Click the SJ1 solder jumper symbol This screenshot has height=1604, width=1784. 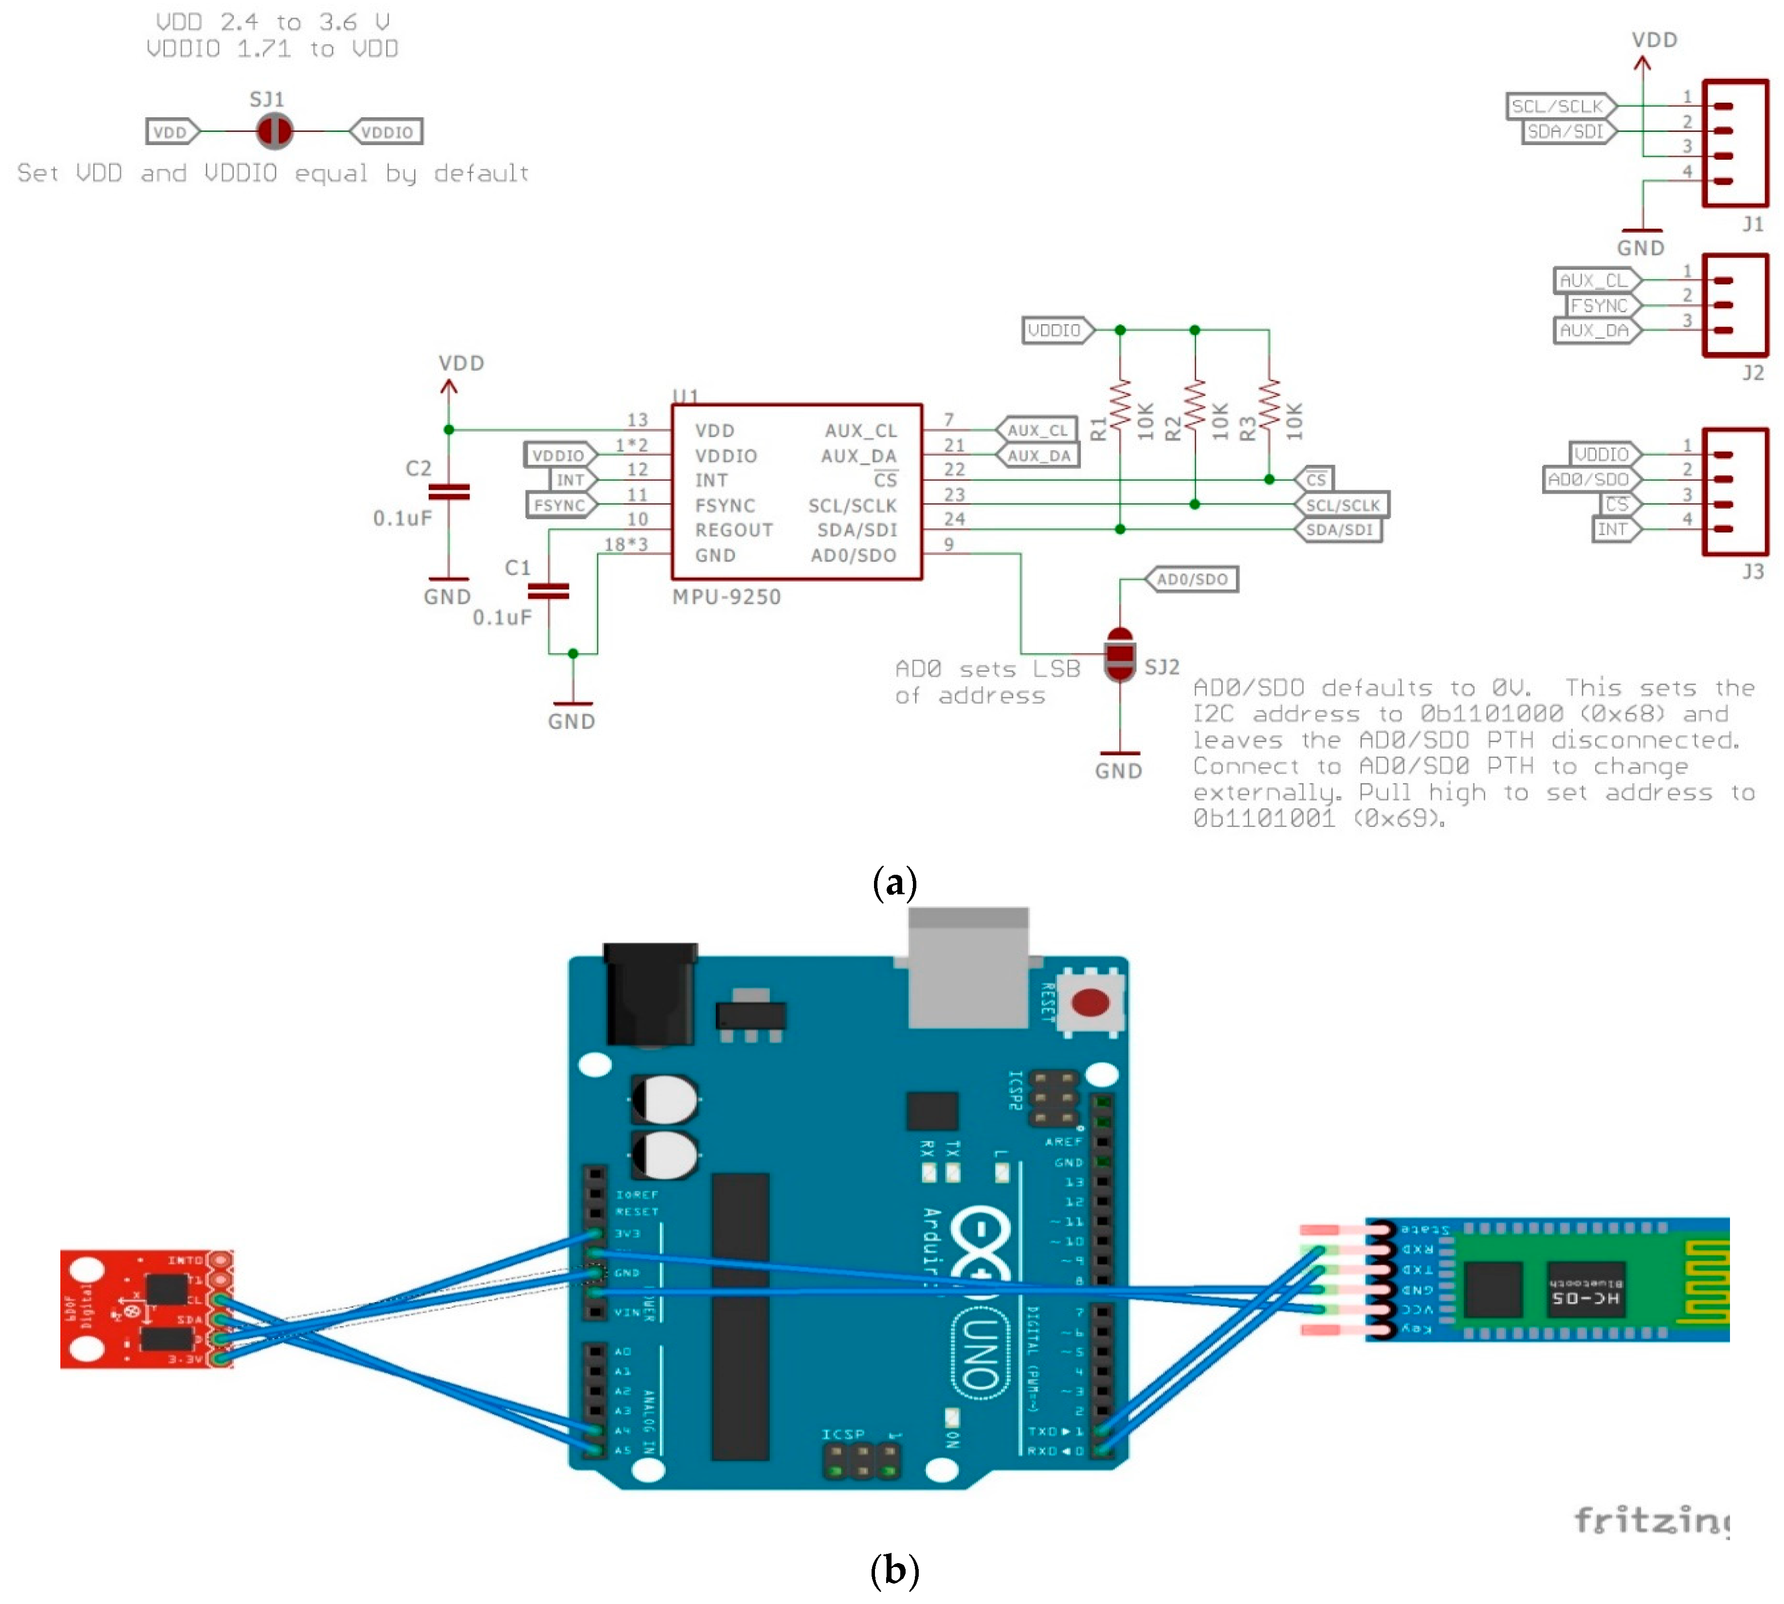tap(274, 131)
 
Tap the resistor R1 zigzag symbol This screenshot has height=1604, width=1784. tap(1120, 404)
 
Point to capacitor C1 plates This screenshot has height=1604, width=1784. tap(548, 590)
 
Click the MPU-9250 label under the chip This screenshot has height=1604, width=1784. tap(726, 597)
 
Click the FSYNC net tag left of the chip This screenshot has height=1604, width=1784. tap(560, 505)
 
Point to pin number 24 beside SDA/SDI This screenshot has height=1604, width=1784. tap(954, 519)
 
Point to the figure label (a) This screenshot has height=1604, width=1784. tap(893, 882)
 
